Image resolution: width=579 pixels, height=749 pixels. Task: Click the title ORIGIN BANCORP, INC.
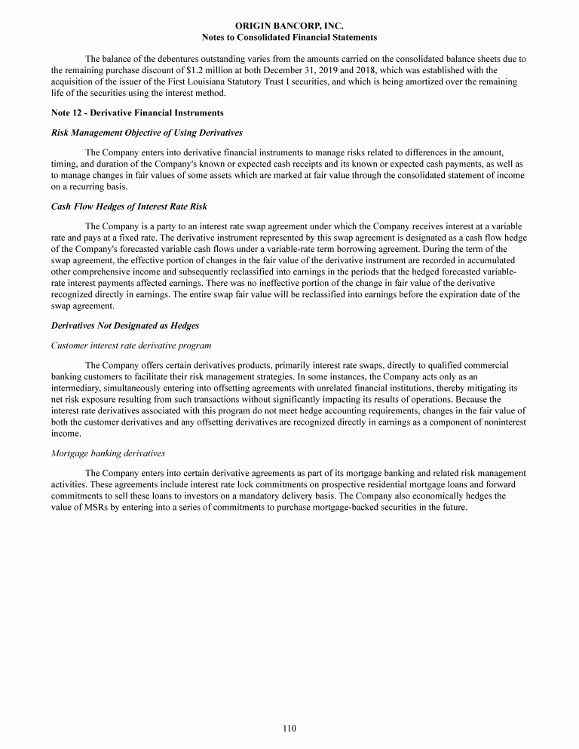(x=289, y=26)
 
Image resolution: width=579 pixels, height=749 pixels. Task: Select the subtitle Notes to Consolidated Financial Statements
(x=289, y=37)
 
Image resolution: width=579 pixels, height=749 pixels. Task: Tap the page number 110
(x=289, y=728)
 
